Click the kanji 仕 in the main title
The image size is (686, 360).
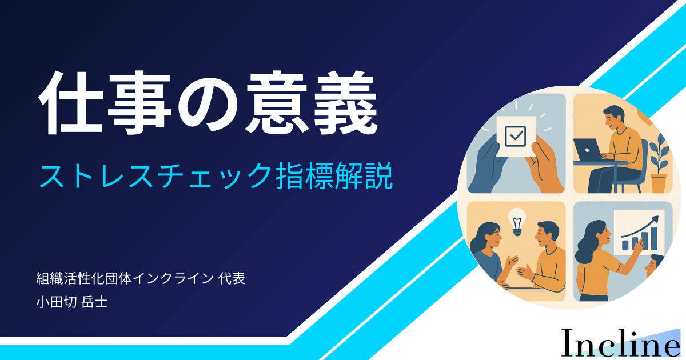71,103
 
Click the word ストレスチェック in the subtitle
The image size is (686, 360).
155,176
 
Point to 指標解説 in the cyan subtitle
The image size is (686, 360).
334,176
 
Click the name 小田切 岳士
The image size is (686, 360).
72,302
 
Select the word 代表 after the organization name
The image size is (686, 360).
232,279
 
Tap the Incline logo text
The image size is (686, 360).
620,343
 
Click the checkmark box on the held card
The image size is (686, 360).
516,136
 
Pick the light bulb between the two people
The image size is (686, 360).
517,222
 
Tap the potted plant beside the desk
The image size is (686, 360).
659,164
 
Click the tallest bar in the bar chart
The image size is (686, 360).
654,238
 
